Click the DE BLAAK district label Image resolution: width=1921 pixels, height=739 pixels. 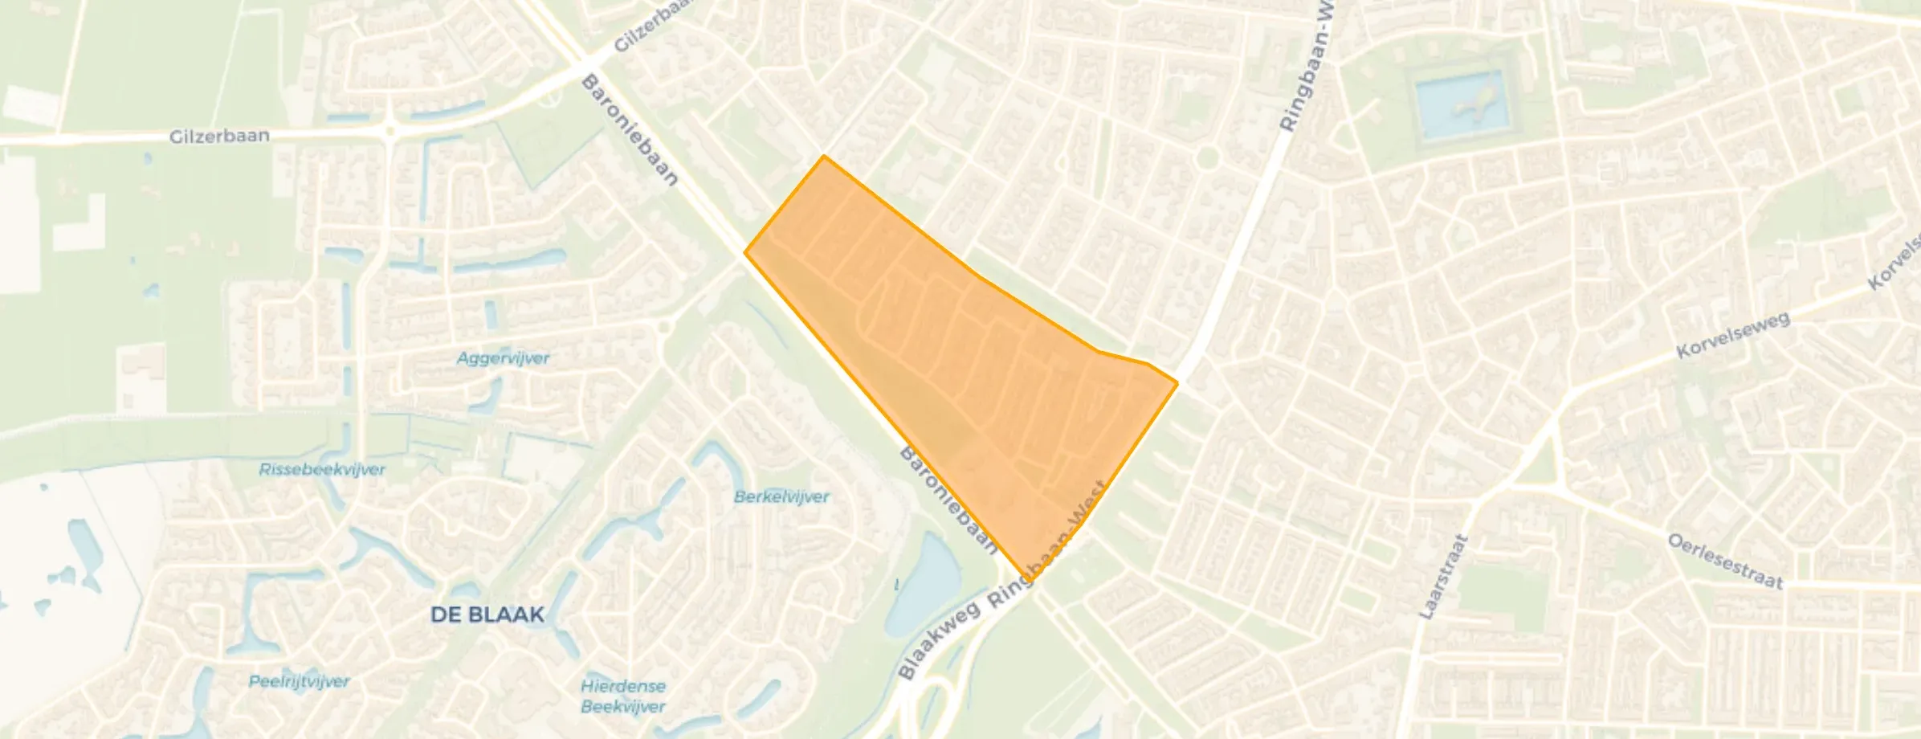tap(487, 615)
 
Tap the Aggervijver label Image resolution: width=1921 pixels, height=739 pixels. tap(503, 358)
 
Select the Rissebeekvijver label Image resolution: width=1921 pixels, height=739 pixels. tap(322, 469)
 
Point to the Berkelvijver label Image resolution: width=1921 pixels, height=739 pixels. tap(781, 497)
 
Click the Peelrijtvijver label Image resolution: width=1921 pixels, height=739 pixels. tap(299, 682)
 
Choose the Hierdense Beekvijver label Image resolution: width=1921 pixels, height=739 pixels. tap(623, 696)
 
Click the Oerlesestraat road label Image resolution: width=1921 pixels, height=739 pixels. tap(1725, 561)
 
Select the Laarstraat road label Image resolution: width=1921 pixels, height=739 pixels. tap(1443, 577)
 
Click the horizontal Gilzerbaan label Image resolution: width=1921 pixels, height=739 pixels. tap(219, 136)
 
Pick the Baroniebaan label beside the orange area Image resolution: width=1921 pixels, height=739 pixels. tap(948, 500)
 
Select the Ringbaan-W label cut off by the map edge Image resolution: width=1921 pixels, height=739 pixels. tap(1305, 68)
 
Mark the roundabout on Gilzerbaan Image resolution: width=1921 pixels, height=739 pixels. tap(390, 130)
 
